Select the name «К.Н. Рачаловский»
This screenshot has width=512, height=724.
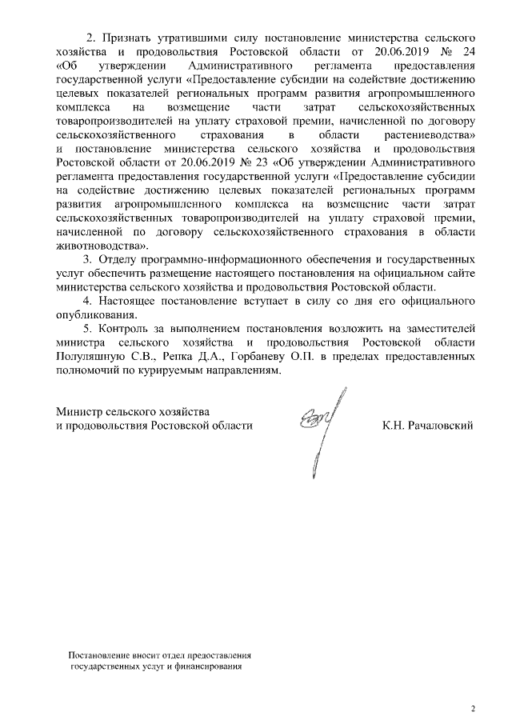point(427,425)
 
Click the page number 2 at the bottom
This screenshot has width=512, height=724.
point(472,708)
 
